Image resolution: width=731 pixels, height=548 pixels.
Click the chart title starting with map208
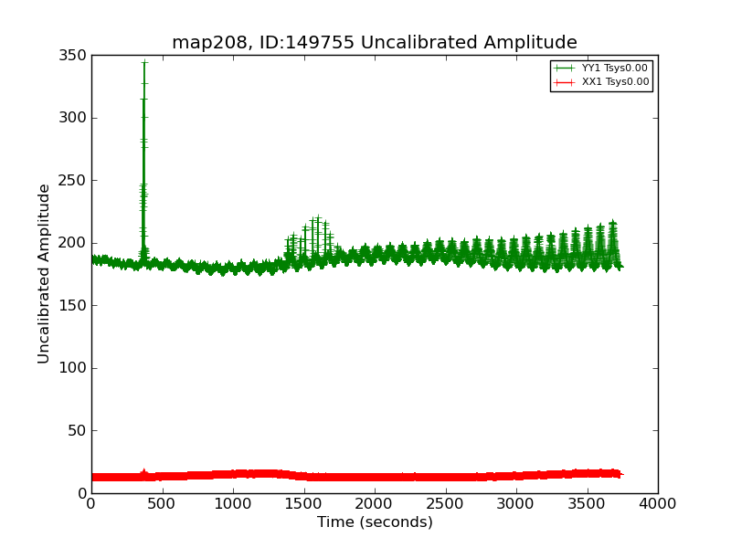(x=375, y=43)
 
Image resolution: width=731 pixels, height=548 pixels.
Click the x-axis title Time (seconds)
(x=375, y=522)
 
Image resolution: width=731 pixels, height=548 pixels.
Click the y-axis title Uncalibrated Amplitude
(x=44, y=274)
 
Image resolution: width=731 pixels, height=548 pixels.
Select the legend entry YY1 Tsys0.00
(x=615, y=68)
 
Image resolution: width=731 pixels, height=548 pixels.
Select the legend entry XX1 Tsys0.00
(x=615, y=82)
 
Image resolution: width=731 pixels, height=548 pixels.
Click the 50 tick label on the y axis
(x=78, y=431)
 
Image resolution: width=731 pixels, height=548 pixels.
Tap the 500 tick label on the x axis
(x=162, y=503)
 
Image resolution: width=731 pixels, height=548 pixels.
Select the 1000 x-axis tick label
(x=233, y=503)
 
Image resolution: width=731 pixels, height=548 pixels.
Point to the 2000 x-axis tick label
(x=375, y=503)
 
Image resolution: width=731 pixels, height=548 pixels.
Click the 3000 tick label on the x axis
(x=516, y=503)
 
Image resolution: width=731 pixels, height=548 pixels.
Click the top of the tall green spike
(x=143, y=62)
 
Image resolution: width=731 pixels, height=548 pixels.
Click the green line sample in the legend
(x=565, y=68)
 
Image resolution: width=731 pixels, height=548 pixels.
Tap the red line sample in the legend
(x=565, y=82)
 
